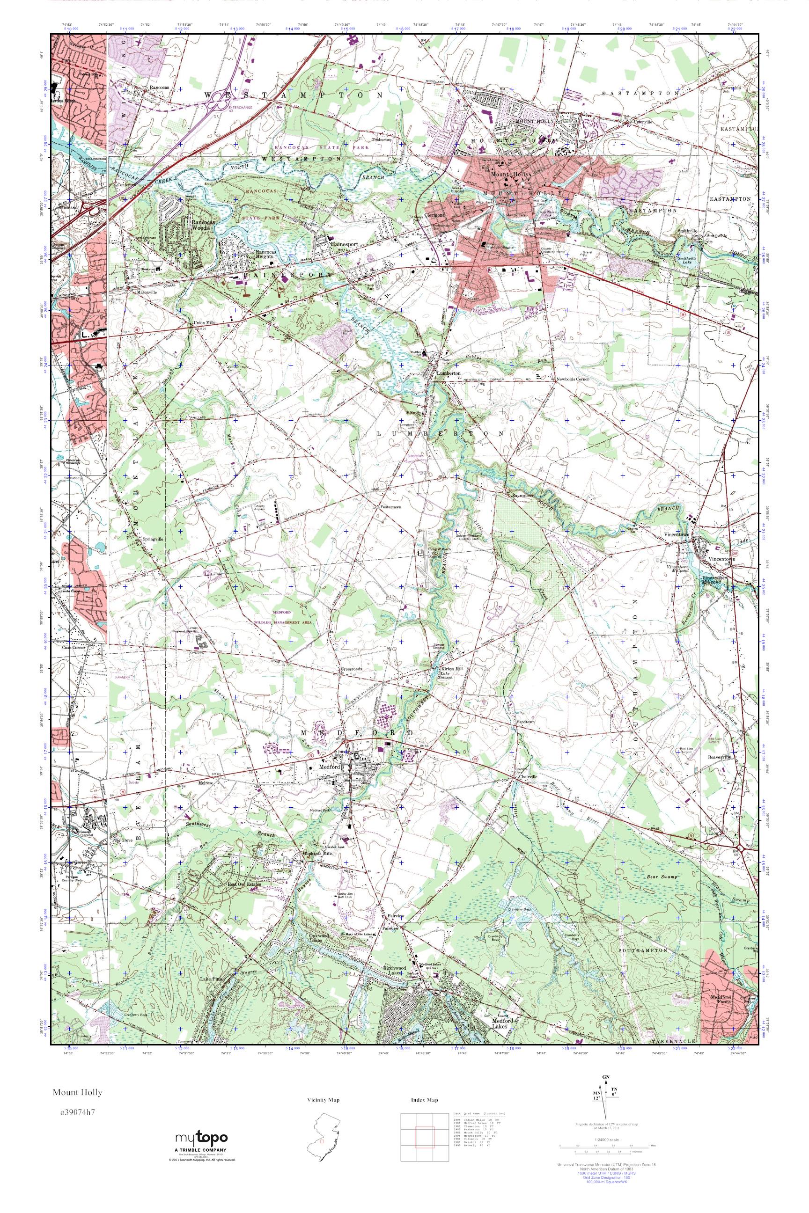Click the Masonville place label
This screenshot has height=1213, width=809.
pyautogui.click(x=133, y=292)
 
